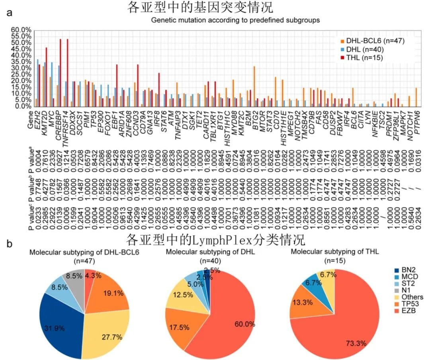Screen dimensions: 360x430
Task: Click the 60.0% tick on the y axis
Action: click(x=21, y=30)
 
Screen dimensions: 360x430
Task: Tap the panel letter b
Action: click(x=9, y=242)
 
